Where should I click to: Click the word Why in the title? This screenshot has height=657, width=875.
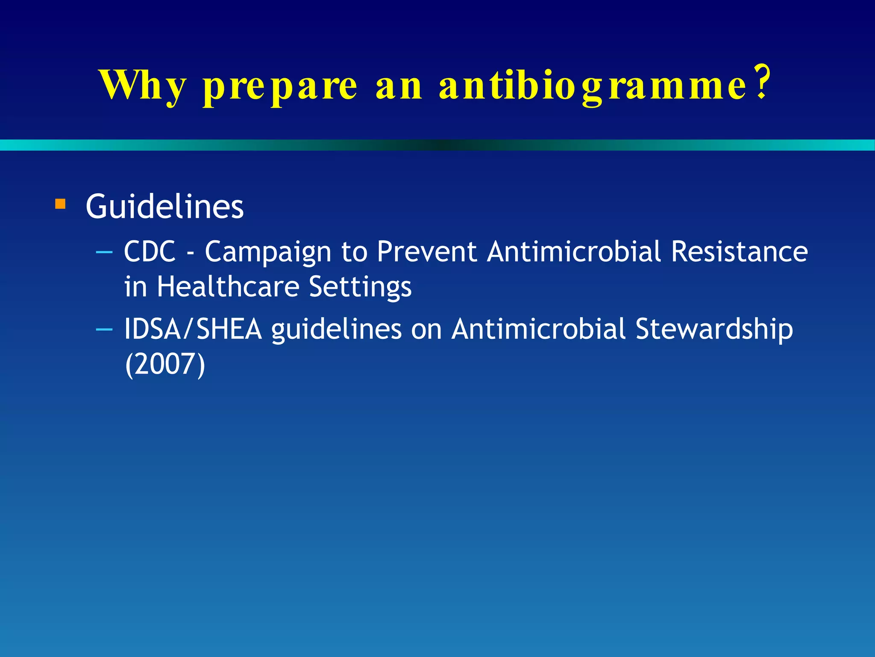tap(143, 86)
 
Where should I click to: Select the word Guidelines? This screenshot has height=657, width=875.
tap(164, 207)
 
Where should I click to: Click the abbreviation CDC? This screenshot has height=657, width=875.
tap(150, 252)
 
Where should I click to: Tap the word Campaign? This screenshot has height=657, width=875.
tap(268, 252)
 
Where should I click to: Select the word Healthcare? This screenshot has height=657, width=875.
tap(228, 287)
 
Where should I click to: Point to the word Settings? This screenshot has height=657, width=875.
tap(360, 287)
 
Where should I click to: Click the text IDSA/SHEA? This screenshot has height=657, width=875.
tap(193, 329)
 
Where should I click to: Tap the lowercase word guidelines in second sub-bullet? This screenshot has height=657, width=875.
tap(336, 330)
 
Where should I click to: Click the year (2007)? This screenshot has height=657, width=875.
tap(165, 364)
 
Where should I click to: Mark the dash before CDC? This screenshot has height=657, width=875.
tap(104, 252)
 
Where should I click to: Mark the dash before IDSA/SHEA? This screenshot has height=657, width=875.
tap(104, 329)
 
